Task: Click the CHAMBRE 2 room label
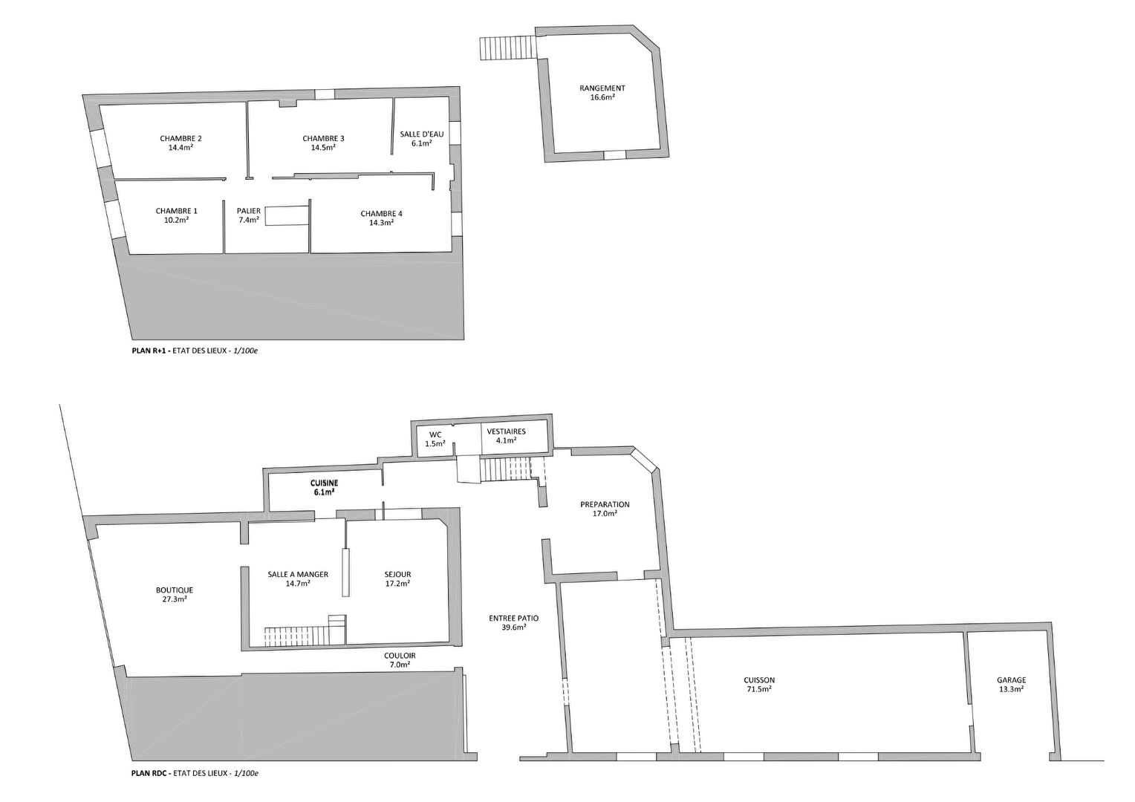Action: click(x=181, y=138)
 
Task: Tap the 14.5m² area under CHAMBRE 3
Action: click(x=323, y=148)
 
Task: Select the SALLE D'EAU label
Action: click(x=422, y=134)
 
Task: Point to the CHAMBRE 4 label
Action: click(x=382, y=213)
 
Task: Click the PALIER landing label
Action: click(x=249, y=211)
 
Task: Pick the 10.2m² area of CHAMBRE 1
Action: click(x=176, y=220)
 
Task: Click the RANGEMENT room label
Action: click(x=602, y=88)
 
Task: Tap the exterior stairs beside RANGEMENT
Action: click(x=507, y=48)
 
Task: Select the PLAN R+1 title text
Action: click(x=152, y=350)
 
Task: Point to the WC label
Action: click(x=435, y=434)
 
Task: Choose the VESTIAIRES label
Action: click(x=506, y=431)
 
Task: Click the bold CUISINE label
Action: click(x=324, y=483)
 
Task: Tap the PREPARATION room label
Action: click(x=605, y=505)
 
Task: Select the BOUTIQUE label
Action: click(x=175, y=590)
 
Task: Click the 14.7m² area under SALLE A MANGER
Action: click(x=298, y=583)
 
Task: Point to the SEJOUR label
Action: click(x=397, y=575)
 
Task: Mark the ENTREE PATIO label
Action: click(x=514, y=618)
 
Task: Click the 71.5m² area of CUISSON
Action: click(x=759, y=689)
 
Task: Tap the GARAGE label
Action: click(x=1012, y=680)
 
